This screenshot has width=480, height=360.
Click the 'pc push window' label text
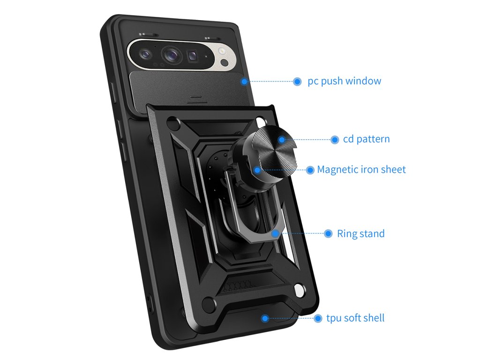pyautogui.click(x=345, y=81)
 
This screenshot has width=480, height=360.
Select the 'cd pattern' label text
pyautogui.click(x=366, y=139)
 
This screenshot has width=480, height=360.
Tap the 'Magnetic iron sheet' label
pyautogui.click(x=361, y=169)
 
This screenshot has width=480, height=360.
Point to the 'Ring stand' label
pyautogui.click(x=360, y=233)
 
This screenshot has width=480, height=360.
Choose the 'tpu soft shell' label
pyautogui.click(x=355, y=318)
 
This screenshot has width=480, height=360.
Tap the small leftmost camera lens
pyautogui.click(x=145, y=54)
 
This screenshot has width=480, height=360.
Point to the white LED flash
pyautogui.click(x=222, y=52)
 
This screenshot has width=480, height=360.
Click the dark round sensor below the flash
pyautogui.click(x=224, y=62)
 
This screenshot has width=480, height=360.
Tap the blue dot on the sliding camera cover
pyautogui.click(x=244, y=82)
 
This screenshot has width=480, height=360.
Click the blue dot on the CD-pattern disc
pyautogui.click(x=282, y=139)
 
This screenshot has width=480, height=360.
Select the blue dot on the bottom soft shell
pyautogui.click(x=265, y=318)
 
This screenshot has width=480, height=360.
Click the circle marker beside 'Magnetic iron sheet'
pyautogui.click(x=310, y=170)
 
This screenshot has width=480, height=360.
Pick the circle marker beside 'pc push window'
pyautogui.click(x=297, y=82)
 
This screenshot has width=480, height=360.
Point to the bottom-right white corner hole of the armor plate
pyautogui.click(x=298, y=294)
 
